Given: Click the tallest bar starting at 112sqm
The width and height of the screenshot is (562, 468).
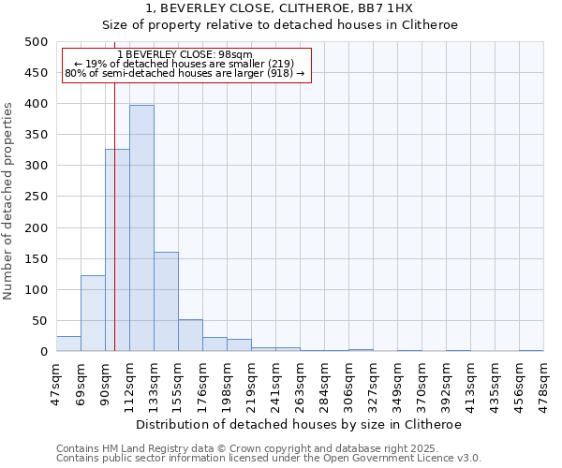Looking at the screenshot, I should pos(141,228).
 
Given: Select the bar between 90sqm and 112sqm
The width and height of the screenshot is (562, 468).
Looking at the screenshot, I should pos(117,250).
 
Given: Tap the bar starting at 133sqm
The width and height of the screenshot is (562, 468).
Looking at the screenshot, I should pos(166,301).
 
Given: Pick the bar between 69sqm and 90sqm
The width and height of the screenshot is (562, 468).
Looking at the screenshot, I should pos(93,314).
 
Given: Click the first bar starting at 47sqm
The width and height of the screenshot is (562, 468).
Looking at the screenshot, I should pos(68,344).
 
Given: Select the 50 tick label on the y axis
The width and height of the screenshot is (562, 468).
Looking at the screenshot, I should pos(39,321).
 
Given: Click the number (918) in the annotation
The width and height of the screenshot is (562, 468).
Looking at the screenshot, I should pos(282,73).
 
